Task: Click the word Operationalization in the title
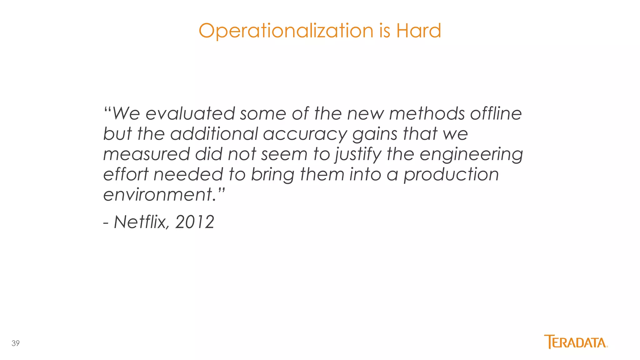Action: coord(286,31)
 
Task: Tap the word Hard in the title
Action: coord(418,31)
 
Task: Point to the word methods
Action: coord(427,113)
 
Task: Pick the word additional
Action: coord(214,134)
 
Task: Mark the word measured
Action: coord(146,154)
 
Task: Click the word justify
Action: coord(358,155)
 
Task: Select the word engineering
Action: coord(471,155)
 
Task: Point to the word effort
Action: coord(126,174)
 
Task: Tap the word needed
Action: coord(188,174)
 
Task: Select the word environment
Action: coord(158,195)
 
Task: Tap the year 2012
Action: coord(195,222)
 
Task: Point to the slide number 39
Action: coord(16,343)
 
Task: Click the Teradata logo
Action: coord(576,342)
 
